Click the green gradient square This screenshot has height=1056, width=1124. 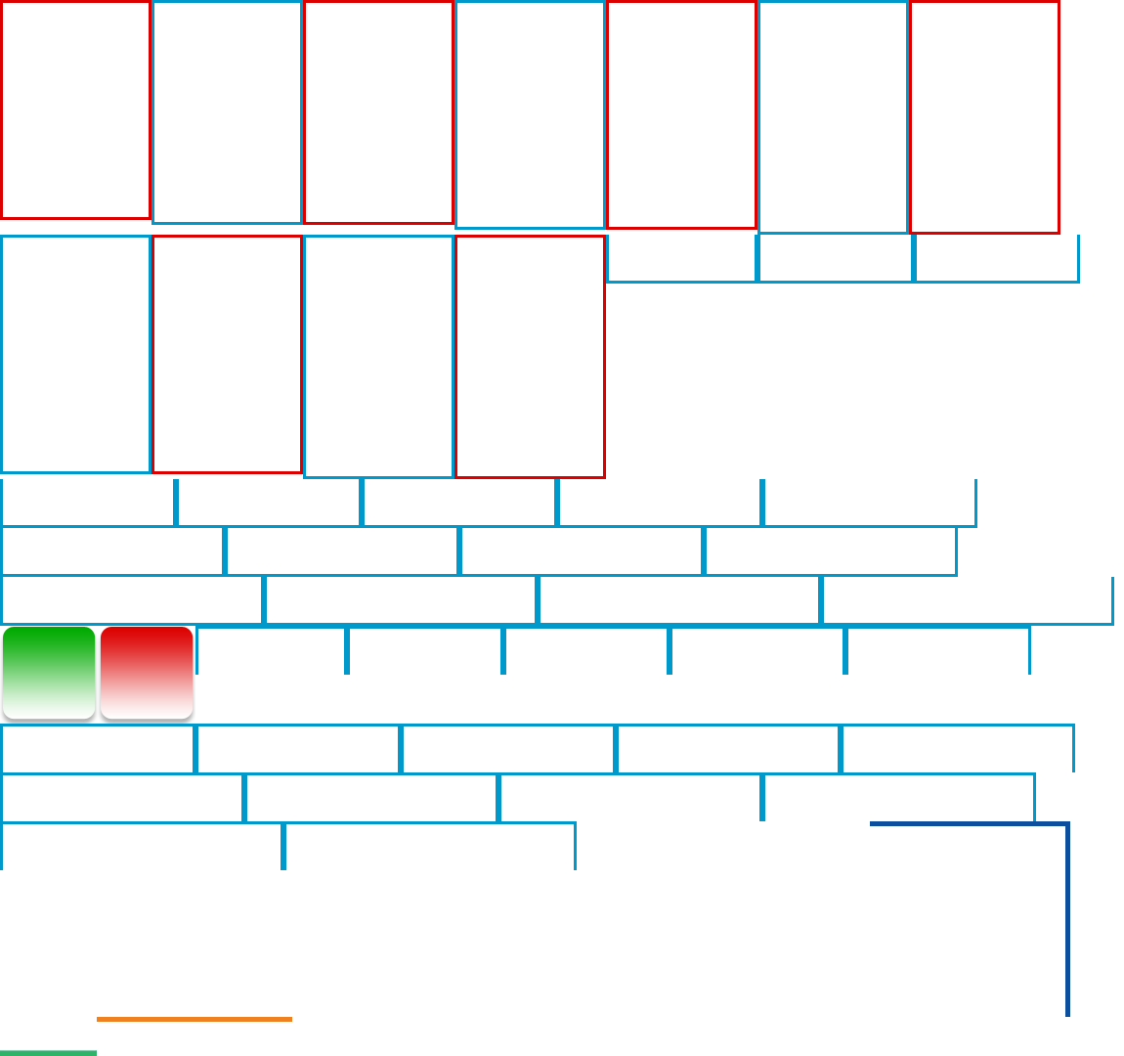[x=49, y=673]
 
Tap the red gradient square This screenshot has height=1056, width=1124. [x=147, y=673]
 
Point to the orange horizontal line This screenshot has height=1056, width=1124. [x=195, y=1019]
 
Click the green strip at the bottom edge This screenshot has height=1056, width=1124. [x=48, y=1052]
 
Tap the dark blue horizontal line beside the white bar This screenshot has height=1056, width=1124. [x=968, y=824]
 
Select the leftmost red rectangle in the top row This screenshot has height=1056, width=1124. [x=75, y=110]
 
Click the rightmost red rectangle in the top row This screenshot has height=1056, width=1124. [x=984, y=116]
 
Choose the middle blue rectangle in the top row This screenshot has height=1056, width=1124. [x=530, y=114]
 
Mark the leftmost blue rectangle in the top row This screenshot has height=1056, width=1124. [x=227, y=111]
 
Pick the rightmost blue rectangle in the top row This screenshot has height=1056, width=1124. [x=833, y=116]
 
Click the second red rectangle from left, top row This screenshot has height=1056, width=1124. [x=378, y=111]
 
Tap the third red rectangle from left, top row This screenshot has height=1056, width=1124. [x=681, y=114]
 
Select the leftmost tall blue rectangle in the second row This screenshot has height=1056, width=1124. [x=75, y=354]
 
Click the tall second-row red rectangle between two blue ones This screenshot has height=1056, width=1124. [x=227, y=354]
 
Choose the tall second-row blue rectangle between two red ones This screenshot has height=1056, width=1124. [x=378, y=356]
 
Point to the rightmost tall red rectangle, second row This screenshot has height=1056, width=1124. [x=530, y=356]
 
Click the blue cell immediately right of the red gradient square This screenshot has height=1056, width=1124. [x=272, y=650]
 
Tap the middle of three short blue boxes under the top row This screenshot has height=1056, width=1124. [x=836, y=258]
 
